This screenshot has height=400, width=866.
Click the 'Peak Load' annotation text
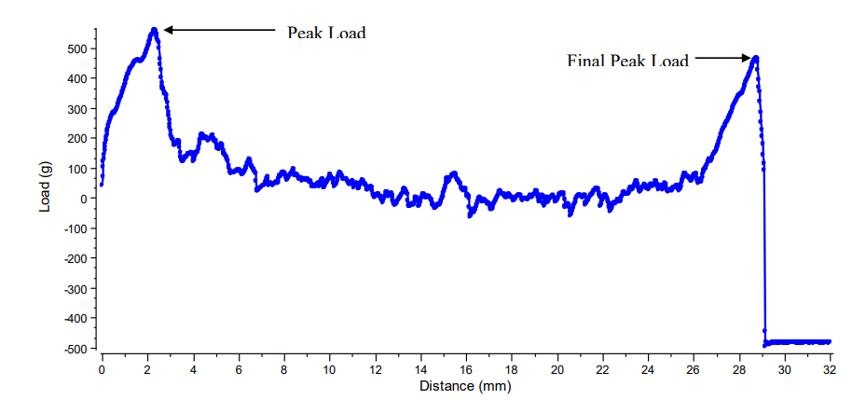point(326,33)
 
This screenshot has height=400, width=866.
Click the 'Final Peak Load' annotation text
point(627,62)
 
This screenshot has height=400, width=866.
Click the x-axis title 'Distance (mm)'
point(465,385)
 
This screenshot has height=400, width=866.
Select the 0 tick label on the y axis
point(82,199)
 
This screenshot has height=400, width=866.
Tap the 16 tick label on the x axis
point(466,368)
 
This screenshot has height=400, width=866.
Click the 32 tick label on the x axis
point(830,368)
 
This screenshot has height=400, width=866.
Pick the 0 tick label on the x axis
point(102,368)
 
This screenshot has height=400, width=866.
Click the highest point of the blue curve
point(154,30)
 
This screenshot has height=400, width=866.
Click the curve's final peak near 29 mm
point(756,58)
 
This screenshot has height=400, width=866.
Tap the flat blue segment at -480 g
point(798,342)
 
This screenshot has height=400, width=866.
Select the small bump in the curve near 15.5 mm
point(454,173)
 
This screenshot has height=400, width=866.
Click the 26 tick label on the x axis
point(694,368)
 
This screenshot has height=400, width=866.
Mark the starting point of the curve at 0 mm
point(102,184)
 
